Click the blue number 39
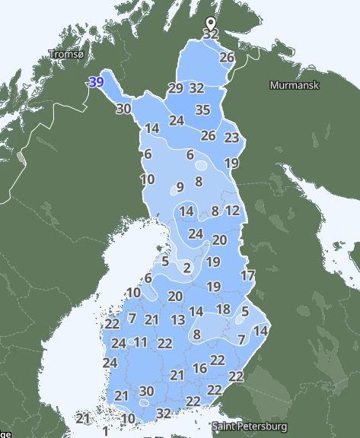click(97, 82)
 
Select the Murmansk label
click(289, 85)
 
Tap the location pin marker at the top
click(211, 25)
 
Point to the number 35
click(202, 110)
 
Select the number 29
click(176, 88)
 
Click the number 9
click(180, 187)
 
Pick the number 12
click(233, 211)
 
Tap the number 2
click(187, 268)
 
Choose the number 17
click(247, 275)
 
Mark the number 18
click(223, 309)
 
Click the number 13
click(178, 320)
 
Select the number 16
click(200, 369)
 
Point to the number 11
click(140, 342)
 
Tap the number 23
click(232, 138)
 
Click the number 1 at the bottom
click(105, 431)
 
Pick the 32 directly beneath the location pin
click(211, 34)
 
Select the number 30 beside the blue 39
click(123, 109)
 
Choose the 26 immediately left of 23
click(209, 136)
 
